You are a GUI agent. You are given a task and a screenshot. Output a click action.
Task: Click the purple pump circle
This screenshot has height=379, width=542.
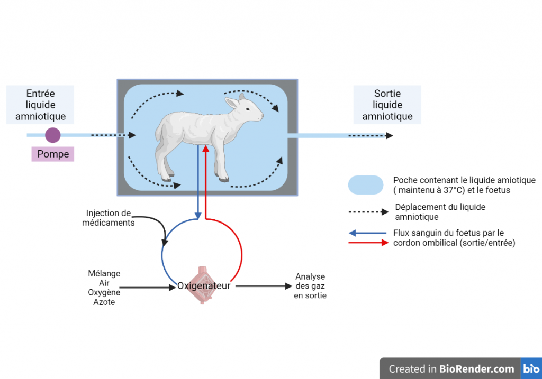pyautogui.click(x=52, y=135)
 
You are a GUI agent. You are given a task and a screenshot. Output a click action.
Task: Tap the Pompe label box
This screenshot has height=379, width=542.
pyautogui.click(x=53, y=154)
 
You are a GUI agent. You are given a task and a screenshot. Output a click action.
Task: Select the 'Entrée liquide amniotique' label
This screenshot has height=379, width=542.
pyautogui.click(x=40, y=105)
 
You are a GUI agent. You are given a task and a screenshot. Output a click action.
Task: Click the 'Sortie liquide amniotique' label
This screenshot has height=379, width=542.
pyautogui.click(x=387, y=105)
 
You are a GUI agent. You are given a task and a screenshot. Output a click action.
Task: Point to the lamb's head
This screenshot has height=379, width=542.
pyautogui.click(x=248, y=108)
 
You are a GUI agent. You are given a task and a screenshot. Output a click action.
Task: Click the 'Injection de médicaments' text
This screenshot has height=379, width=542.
pyautogui.click(x=109, y=218)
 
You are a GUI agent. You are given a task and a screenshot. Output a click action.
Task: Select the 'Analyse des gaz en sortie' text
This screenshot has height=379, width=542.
pyautogui.click(x=310, y=286)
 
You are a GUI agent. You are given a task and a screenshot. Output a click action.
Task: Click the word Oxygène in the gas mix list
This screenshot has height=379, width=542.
pyautogui.click(x=104, y=292)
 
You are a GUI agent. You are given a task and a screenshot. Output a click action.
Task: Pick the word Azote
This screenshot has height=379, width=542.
pyautogui.click(x=104, y=302)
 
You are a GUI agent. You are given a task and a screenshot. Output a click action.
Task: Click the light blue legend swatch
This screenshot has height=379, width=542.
pyautogui.click(x=365, y=185)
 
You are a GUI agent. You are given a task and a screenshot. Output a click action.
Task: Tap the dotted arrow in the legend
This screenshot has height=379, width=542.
pyautogui.click(x=368, y=212)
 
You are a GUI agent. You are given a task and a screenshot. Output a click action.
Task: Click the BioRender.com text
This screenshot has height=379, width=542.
pyautogui.click(x=476, y=369)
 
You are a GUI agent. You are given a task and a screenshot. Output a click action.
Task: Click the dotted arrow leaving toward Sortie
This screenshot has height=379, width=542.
pyautogui.click(x=370, y=136)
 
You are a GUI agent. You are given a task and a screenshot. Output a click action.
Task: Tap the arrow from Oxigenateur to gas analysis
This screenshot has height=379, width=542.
pyautogui.click(x=263, y=286)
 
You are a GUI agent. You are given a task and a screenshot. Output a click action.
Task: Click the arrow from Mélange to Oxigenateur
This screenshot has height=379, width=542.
pyautogui.click(x=150, y=288)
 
